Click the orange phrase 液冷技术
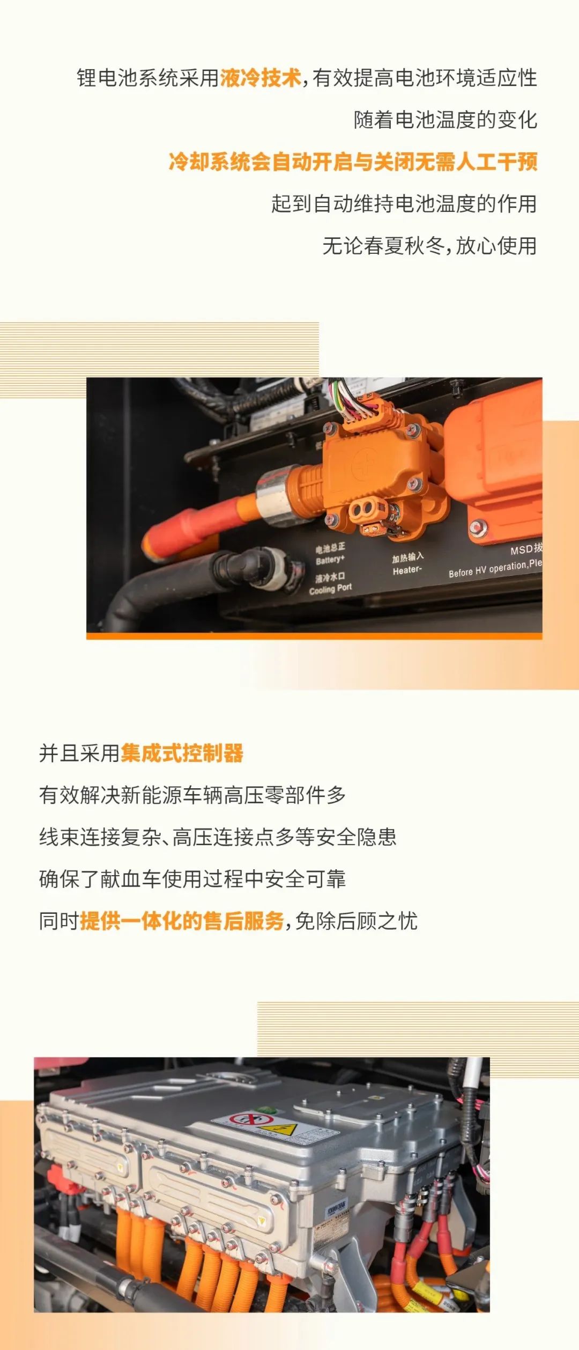pos(261,78)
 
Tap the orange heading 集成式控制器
pos(182,753)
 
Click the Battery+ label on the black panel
pos(330,560)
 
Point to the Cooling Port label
pos(330,588)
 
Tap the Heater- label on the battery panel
pos(407,570)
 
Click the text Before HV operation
pos(488,569)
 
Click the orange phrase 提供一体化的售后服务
pos(182,921)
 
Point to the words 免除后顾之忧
pos(356,921)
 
